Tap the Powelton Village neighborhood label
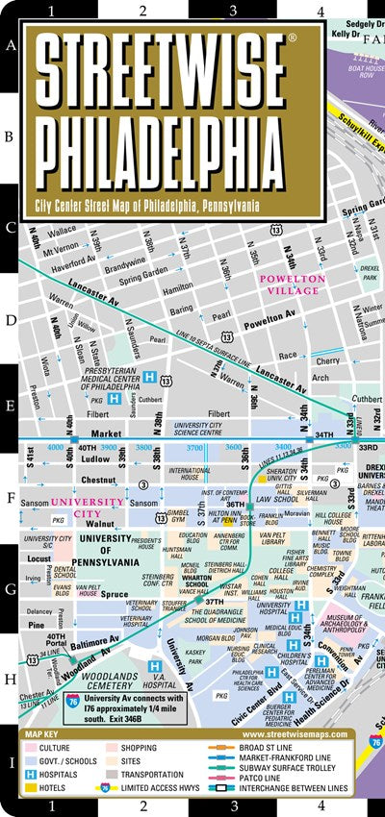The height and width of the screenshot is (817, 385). point(293,285)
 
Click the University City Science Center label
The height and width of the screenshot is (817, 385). point(211,428)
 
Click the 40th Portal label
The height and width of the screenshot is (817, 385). point(57,640)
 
